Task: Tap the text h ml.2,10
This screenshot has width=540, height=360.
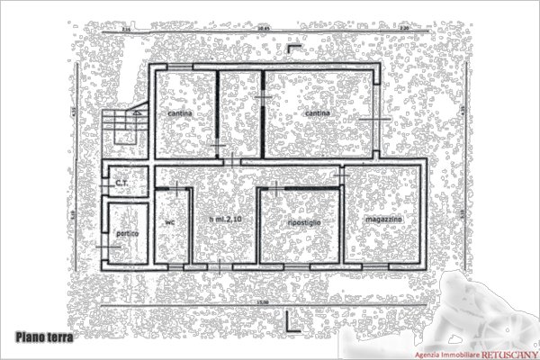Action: (x=225, y=220)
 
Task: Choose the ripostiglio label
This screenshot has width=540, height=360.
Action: (x=299, y=221)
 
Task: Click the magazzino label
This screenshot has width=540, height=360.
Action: (x=384, y=220)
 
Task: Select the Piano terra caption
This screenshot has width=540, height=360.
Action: (x=43, y=337)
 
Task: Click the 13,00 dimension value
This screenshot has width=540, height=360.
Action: (x=262, y=301)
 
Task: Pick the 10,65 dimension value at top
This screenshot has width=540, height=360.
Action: (x=263, y=30)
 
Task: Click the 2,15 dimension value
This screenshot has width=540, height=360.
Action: (x=126, y=30)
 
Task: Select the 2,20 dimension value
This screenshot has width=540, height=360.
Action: (x=404, y=30)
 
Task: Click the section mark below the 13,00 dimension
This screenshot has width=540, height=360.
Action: (x=286, y=320)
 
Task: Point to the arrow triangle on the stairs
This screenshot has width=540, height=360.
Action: (x=136, y=114)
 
